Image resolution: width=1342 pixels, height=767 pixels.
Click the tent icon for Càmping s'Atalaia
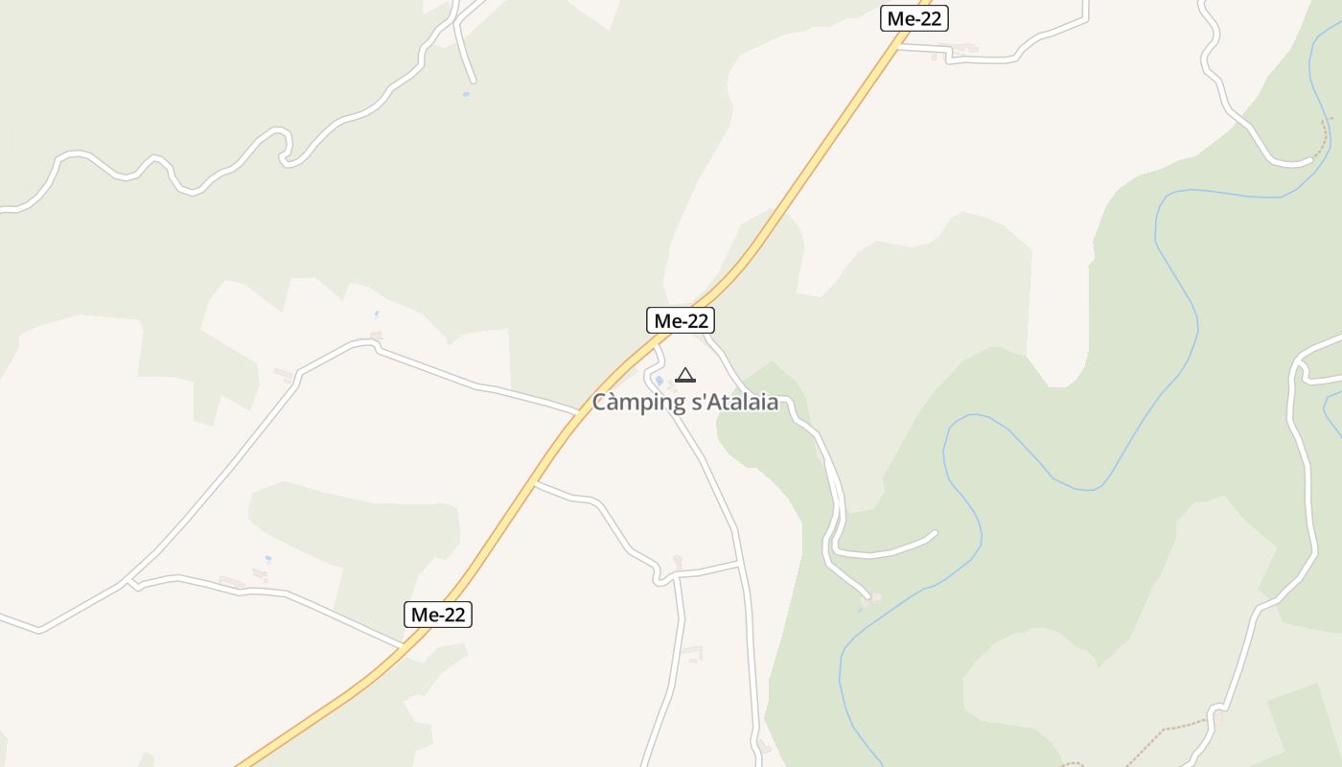(684, 375)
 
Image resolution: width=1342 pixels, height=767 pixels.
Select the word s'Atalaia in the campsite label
(734, 403)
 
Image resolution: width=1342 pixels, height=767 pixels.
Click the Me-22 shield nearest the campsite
(681, 320)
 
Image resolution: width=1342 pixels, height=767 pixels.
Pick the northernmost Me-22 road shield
(914, 18)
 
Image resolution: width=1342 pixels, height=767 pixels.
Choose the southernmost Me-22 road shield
(438, 615)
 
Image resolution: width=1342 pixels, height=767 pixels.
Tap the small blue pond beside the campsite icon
(659, 381)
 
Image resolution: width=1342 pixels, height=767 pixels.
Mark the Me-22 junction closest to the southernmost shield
(403, 646)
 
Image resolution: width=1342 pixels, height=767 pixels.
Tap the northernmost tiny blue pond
(466, 94)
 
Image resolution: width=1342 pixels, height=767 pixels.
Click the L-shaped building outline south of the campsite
(694, 654)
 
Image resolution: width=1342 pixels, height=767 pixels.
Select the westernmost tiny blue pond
(268, 558)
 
